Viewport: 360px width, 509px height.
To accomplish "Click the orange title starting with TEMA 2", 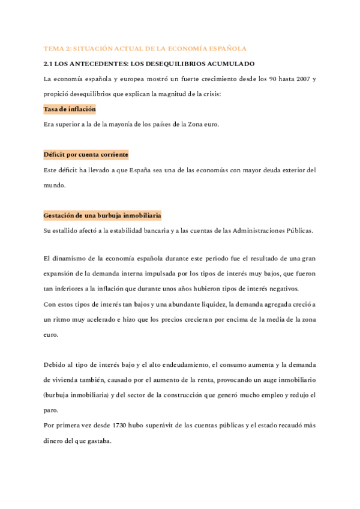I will (x=145, y=48).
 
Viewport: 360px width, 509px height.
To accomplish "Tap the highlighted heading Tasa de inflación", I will (x=70, y=109).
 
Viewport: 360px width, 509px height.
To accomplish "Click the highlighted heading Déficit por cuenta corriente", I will (x=86, y=155).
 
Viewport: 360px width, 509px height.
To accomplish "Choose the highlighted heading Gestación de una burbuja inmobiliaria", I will (x=103, y=215).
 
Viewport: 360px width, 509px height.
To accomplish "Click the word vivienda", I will (x=70, y=381).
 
